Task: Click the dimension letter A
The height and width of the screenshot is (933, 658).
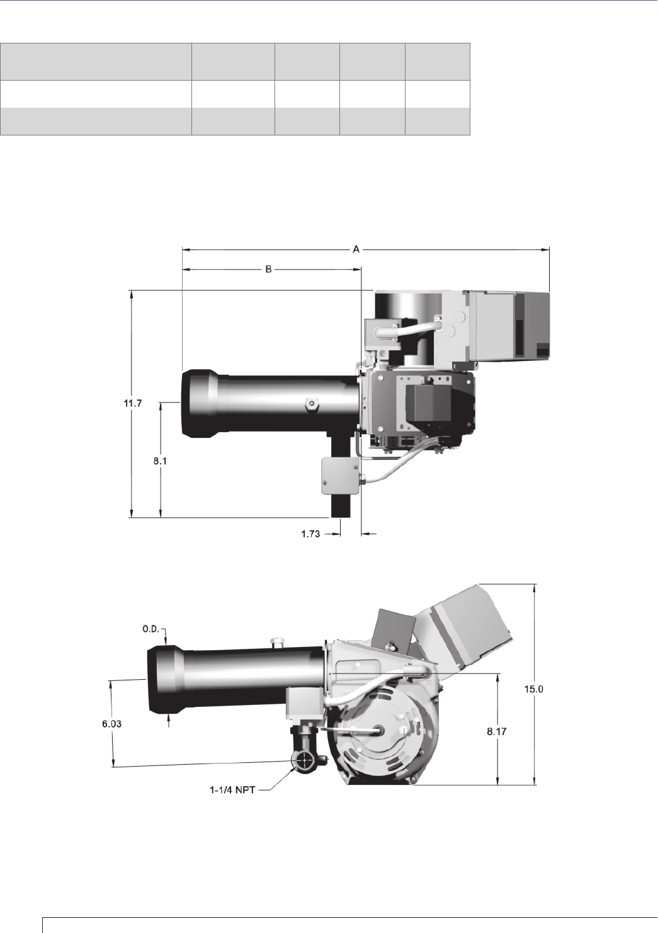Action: [x=356, y=249]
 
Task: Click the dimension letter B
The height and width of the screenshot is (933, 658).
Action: [x=268, y=270]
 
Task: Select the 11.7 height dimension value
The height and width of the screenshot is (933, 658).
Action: [x=133, y=403]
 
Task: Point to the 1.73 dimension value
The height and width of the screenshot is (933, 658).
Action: [x=310, y=534]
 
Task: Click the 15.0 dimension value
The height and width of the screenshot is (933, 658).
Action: [x=533, y=689]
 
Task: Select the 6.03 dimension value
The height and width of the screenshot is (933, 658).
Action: [x=112, y=724]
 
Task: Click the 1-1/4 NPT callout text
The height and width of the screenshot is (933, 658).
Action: [x=232, y=790]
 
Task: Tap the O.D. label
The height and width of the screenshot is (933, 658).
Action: [x=151, y=629]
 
